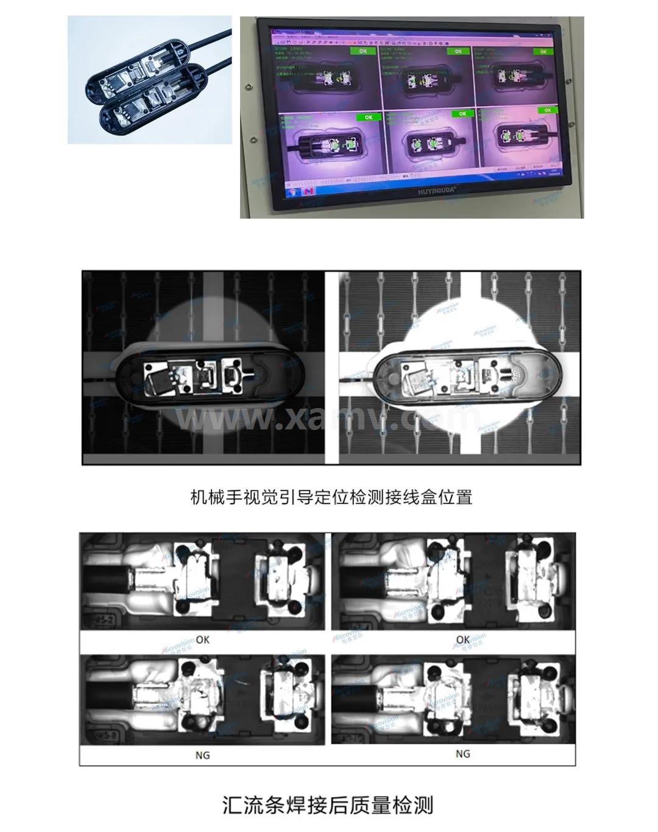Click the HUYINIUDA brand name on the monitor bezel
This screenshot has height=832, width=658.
point(425,189)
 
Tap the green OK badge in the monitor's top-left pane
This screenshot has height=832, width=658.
point(363,51)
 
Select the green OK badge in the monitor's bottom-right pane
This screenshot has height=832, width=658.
point(547,110)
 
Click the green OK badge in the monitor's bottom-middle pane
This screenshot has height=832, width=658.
point(462,114)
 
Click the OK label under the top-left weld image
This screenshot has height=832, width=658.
point(202,640)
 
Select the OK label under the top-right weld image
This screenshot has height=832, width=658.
point(462,640)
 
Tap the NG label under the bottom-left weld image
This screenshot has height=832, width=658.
point(202,755)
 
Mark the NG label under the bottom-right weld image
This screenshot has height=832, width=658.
point(462,753)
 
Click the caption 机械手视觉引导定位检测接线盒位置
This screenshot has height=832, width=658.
point(331,497)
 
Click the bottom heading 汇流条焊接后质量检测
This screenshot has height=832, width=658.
point(328,805)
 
